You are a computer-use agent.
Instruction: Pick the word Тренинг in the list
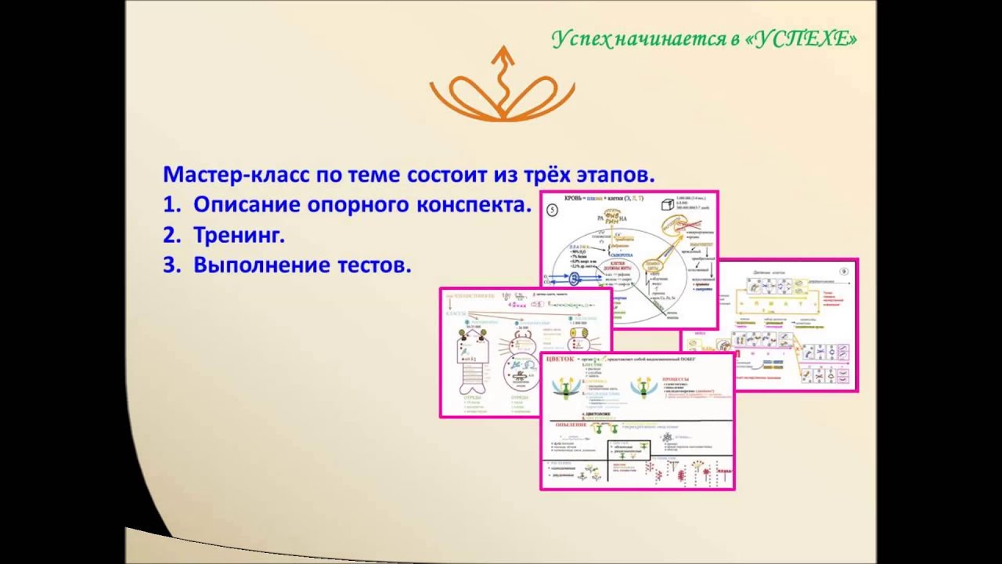click(239, 235)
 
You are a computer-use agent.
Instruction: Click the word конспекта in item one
click(474, 205)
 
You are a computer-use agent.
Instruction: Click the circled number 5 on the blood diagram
click(552, 210)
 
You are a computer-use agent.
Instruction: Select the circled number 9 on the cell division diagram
click(843, 272)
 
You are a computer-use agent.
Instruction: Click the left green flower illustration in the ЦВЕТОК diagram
click(565, 388)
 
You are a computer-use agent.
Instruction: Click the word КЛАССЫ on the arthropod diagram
click(456, 313)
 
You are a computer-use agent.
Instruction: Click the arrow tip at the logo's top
click(503, 49)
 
